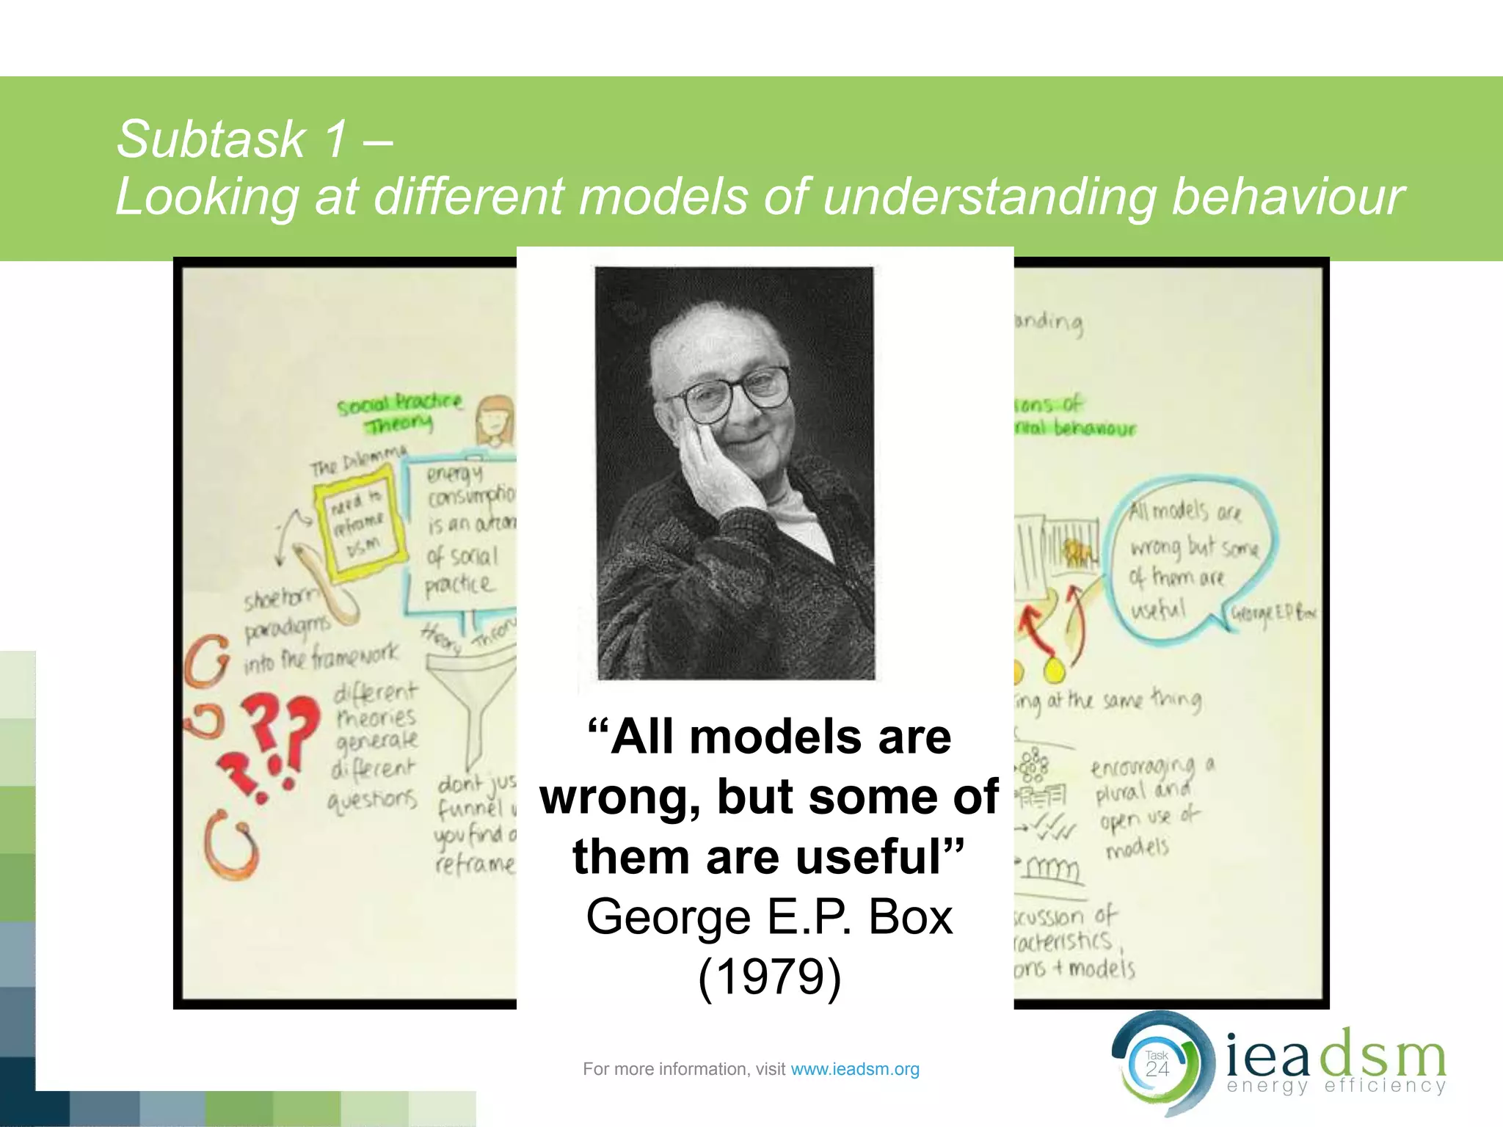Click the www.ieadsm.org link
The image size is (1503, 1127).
854,1069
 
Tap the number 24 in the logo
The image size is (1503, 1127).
1157,1069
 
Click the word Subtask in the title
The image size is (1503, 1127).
211,139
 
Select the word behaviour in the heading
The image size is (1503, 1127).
1287,197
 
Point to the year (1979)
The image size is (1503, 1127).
769,977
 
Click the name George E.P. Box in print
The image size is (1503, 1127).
769,917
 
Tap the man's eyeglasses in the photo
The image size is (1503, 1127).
738,393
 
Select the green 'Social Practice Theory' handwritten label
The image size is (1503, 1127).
399,412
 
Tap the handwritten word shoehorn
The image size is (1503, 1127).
282,599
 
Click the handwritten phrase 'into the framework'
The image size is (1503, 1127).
321,657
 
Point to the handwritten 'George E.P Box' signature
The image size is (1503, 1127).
1273,613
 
